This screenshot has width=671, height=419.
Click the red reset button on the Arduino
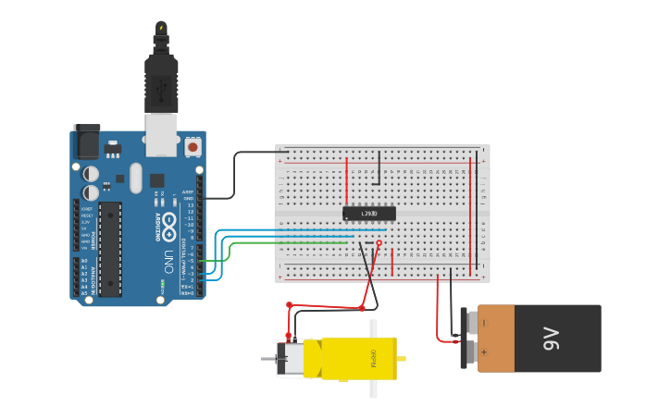[x=193, y=146]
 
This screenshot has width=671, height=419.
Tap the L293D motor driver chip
[x=369, y=214]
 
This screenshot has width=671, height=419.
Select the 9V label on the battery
[x=552, y=339]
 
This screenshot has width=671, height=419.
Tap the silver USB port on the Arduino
[x=161, y=134]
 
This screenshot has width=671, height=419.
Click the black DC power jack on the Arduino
[x=87, y=142]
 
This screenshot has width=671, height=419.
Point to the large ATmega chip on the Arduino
[x=110, y=248]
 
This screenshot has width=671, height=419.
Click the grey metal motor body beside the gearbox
[x=292, y=358]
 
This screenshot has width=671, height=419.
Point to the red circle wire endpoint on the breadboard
[x=379, y=243]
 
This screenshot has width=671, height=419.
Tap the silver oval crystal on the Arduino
[x=136, y=178]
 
